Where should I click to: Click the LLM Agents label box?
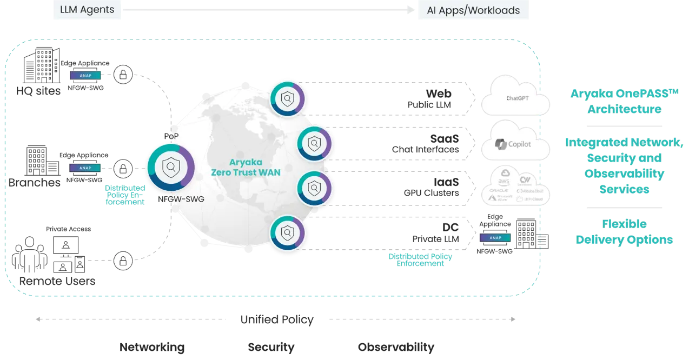pos(87,10)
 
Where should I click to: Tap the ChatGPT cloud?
pos(514,98)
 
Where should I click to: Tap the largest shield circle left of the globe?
pos(171,168)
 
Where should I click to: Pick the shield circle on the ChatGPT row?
pos(288,98)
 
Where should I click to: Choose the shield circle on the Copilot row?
pos(315,144)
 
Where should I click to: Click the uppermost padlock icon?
pos(123,75)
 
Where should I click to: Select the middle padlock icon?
pos(123,168)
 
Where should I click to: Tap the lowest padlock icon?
pos(123,262)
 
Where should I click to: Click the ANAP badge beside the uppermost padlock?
pos(85,76)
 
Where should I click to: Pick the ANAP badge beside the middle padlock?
pos(85,168)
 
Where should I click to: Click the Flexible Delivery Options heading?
pos(624,232)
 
